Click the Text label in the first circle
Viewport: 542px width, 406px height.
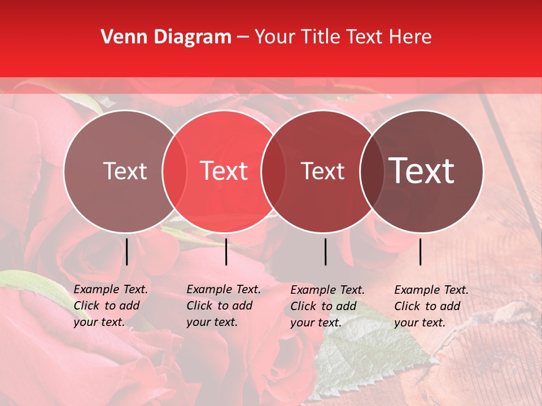click(125, 171)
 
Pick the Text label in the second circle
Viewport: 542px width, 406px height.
click(224, 171)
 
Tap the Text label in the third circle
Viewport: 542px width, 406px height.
click(323, 171)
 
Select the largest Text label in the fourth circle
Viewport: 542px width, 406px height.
click(422, 171)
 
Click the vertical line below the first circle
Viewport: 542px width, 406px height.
click(127, 251)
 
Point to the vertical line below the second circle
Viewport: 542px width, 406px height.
click(226, 251)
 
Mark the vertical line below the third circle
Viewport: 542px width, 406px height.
click(326, 251)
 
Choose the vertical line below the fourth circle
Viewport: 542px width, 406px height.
click(421, 251)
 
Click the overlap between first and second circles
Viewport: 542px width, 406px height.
click(174, 171)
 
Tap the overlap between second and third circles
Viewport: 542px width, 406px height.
click(274, 171)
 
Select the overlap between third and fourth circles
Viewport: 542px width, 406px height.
click(372, 171)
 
